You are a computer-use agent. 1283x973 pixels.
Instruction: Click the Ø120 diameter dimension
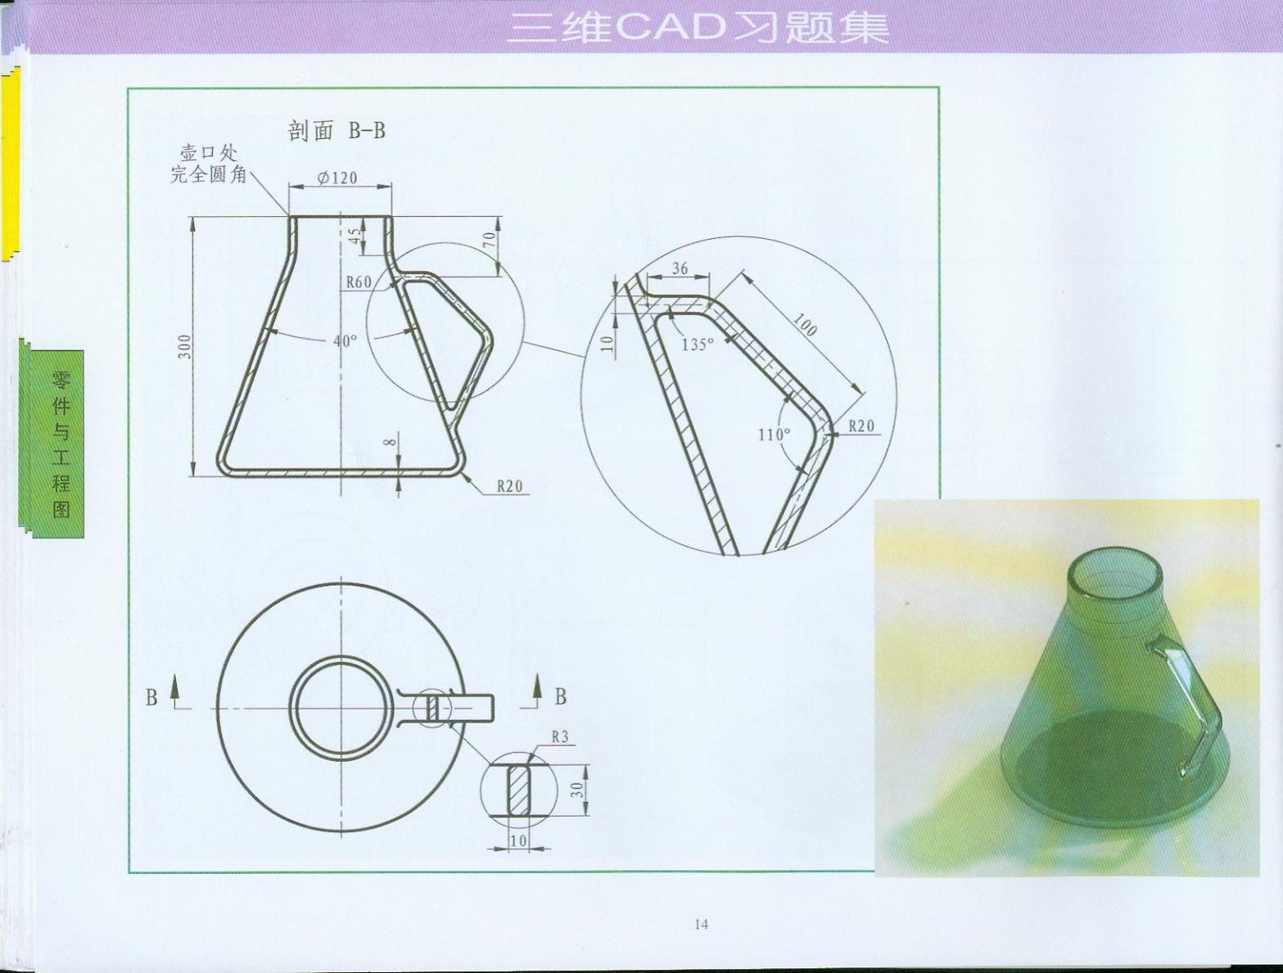click(x=337, y=178)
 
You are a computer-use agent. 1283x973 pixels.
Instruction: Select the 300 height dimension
click(x=185, y=347)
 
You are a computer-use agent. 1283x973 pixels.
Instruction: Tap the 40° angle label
click(x=345, y=340)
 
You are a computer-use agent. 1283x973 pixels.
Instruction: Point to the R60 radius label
click(x=359, y=282)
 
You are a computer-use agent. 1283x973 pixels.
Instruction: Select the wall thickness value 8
click(x=391, y=442)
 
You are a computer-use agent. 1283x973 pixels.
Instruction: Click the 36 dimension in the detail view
click(x=680, y=268)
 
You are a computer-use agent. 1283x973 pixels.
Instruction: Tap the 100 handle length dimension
click(x=805, y=324)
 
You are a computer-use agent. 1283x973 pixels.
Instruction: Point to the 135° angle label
click(x=698, y=345)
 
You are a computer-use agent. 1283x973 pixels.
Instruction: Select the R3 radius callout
click(x=560, y=737)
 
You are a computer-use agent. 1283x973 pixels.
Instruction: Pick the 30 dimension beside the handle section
click(x=576, y=790)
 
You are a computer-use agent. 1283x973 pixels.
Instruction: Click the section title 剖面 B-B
click(x=337, y=131)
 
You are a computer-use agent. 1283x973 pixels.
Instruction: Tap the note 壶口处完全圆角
click(x=209, y=164)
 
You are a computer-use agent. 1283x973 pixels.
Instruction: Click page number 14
click(x=702, y=924)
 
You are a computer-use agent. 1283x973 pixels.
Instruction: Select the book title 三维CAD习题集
click(x=698, y=28)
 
